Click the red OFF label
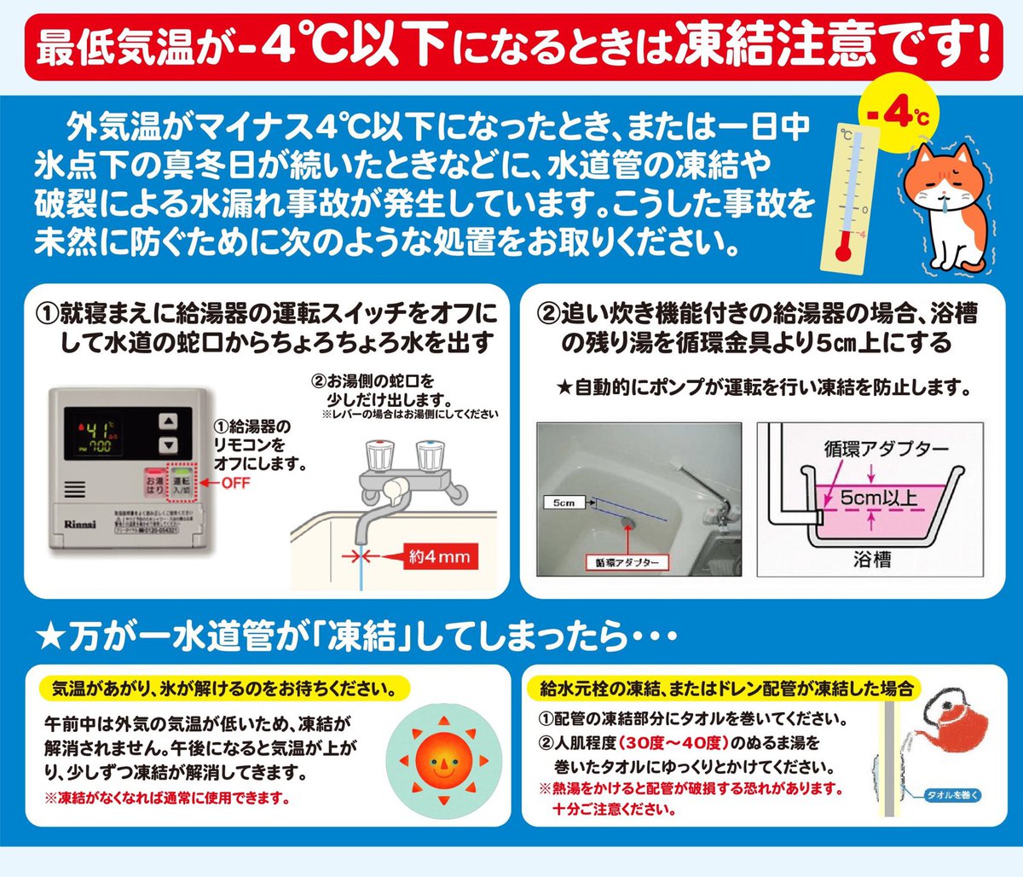[235, 483]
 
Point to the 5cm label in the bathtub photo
[564, 502]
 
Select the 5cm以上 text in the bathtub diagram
[878, 497]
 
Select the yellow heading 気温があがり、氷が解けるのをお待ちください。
[224, 688]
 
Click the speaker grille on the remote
[74, 490]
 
